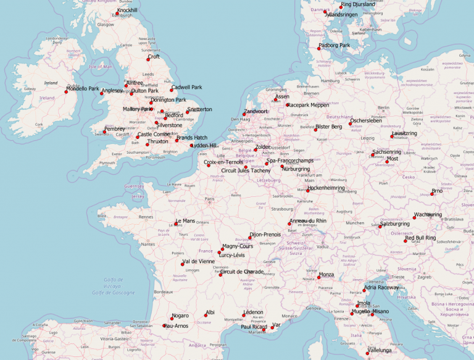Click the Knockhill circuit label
pyautogui.click(x=127, y=10)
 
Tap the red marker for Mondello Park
pyautogui.click(x=66, y=91)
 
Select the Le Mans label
pyautogui.click(x=185, y=220)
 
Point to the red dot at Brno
pyautogui.click(x=432, y=194)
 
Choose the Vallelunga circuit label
pyautogui.click(x=380, y=350)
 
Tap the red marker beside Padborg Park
pyautogui.click(x=320, y=48)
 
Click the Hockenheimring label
pyautogui.click(x=326, y=187)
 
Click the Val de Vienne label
pyautogui.click(x=199, y=261)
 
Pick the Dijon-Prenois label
pyautogui.click(x=265, y=235)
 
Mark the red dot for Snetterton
pyautogui.click(x=188, y=112)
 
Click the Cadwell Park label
pyautogui.click(x=186, y=87)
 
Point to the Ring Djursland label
pyautogui.click(x=358, y=4)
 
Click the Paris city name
pyautogui.click(x=209, y=199)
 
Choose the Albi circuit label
pyautogui.click(x=210, y=312)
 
